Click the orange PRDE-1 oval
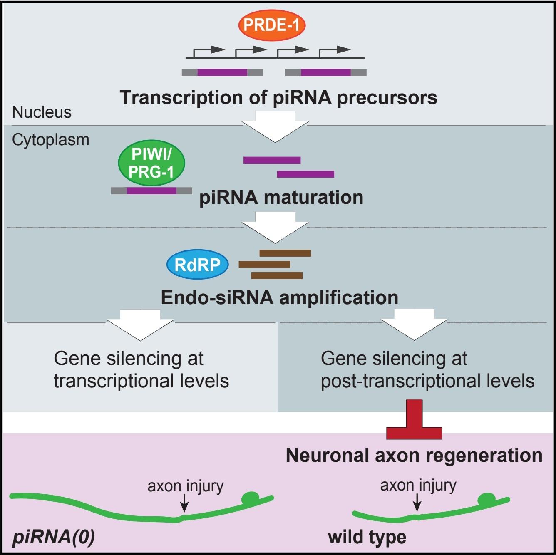pos(272,25)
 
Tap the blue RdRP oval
pos(198,265)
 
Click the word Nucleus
pos(42,112)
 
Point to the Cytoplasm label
pos(50,140)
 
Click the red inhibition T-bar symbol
pos(414,420)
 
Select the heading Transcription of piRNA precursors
pos(278,98)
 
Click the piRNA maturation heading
pos(281,197)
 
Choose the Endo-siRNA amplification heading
pos(279,297)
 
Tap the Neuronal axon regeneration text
pos(414,455)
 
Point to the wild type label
pos(367,537)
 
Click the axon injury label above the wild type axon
pos(418,485)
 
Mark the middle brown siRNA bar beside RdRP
pos(264,264)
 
